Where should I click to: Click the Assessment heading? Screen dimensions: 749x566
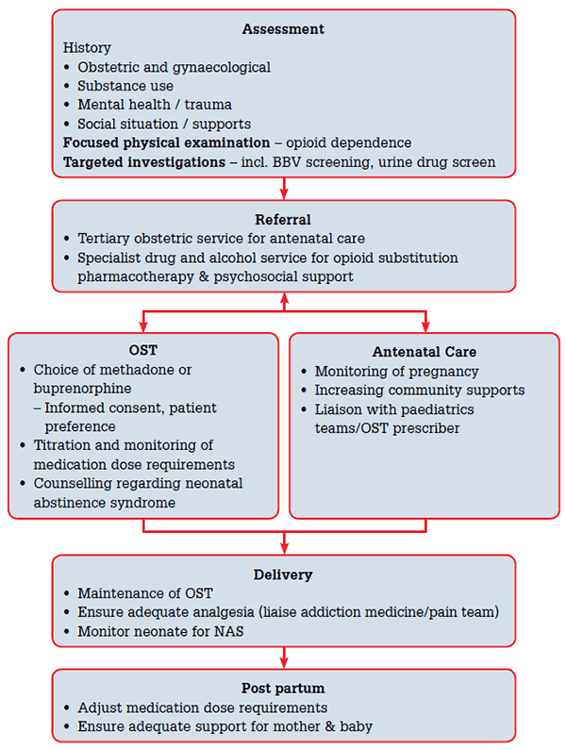coord(283,28)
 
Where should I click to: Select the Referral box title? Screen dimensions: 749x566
coord(283,219)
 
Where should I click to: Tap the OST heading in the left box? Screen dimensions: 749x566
coord(143,351)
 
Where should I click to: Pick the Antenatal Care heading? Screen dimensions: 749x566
coord(424,352)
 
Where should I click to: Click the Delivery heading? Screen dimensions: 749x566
coord(283,574)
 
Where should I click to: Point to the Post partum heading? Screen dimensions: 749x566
coord(283,689)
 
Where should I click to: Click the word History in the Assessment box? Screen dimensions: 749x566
coord(87,48)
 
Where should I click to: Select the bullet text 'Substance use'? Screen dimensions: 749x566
coord(125,86)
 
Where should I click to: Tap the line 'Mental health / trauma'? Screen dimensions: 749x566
coord(155,105)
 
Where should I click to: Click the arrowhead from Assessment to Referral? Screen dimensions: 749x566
coord(284,192)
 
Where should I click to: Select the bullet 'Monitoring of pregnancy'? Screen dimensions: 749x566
coord(397,372)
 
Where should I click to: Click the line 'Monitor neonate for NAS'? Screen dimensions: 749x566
coord(160,631)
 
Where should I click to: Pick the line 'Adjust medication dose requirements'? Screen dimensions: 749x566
coord(202,707)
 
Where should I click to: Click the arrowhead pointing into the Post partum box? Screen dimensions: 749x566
coord(284,663)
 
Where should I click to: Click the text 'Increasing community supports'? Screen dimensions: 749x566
coord(419,391)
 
